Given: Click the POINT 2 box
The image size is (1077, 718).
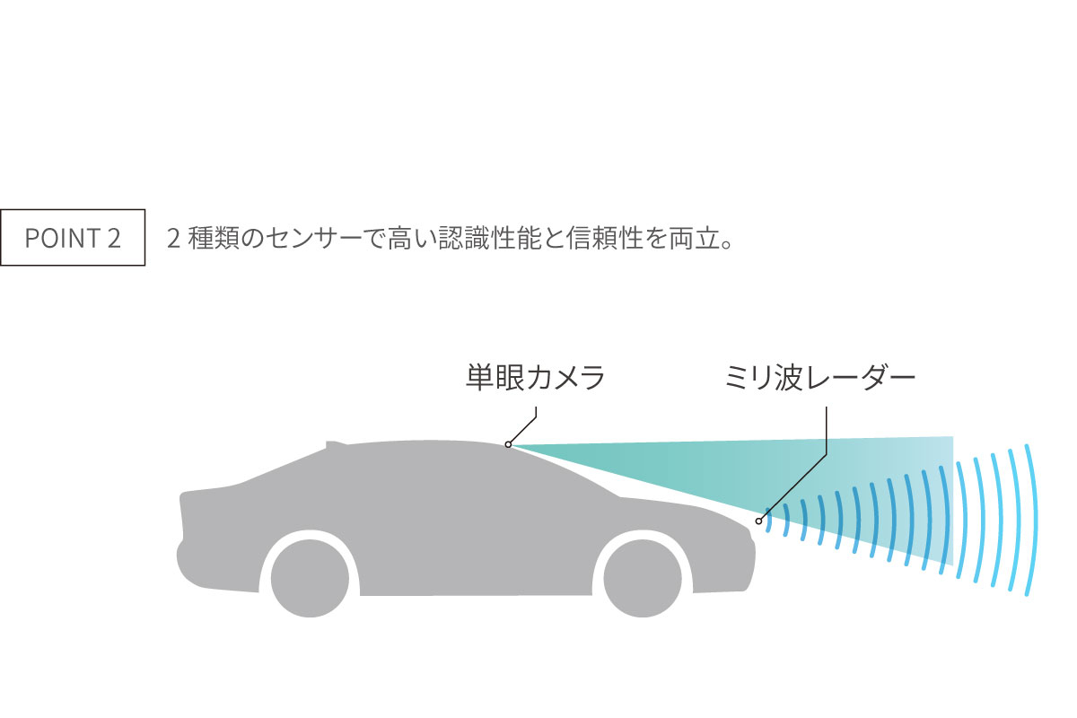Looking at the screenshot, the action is click(73, 237).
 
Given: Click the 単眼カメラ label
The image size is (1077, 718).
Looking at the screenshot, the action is click(535, 378).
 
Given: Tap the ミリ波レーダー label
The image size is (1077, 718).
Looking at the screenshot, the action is click(820, 378).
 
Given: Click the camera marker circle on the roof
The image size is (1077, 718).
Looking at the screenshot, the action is click(508, 445).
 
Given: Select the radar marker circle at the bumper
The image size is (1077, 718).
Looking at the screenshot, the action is click(758, 521).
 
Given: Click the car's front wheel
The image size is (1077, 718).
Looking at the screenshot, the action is click(643, 578).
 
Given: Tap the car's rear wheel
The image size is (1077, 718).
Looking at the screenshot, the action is click(311, 578).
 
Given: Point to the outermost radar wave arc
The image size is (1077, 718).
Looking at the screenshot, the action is click(1033, 521).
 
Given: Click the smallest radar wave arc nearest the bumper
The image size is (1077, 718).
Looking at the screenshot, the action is click(769, 521).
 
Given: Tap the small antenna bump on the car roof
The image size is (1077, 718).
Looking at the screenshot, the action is click(335, 444).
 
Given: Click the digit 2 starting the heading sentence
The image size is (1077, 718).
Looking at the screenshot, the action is click(173, 239).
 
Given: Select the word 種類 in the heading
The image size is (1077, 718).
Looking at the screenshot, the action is click(213, 238).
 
